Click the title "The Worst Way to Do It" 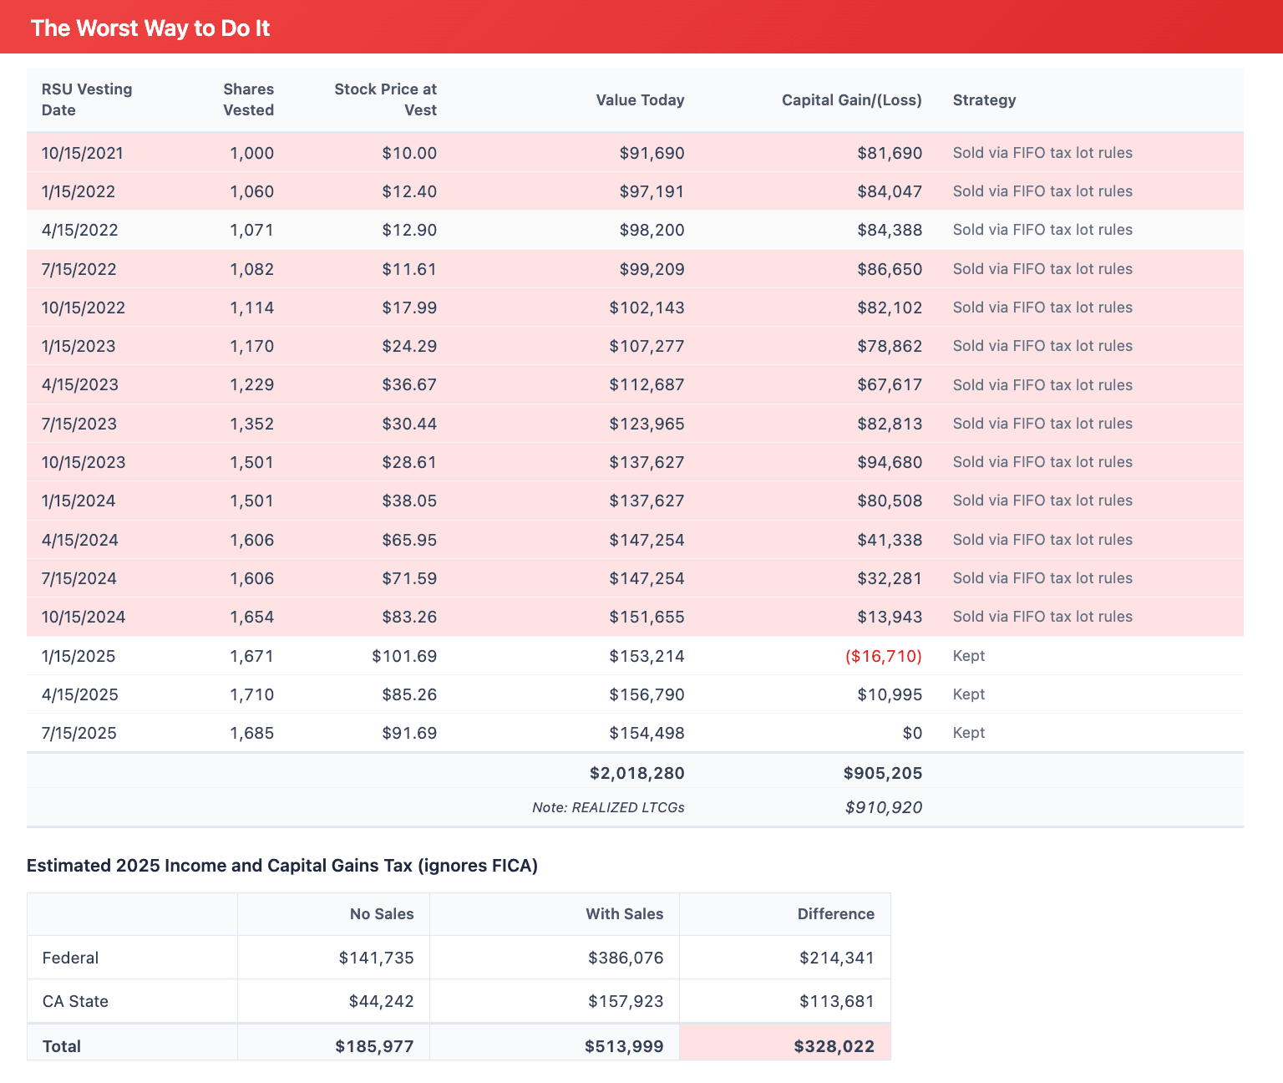[x=150, y=28]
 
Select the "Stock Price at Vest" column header [x=385, y=99]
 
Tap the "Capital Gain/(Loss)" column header [x=851, y=100]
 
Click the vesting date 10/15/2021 [x=83, y=153]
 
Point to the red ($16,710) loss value [x=883, y=656]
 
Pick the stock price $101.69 [x=404, y=656]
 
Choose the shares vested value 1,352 [x=251, y=424]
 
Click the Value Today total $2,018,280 [x=636, y=773]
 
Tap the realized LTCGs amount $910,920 [x=883, y=807]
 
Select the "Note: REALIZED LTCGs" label [x=608, y=807]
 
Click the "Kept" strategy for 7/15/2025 [x=969, y=733]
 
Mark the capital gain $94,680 [x=890, y=462]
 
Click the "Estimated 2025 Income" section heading [x=282, y=866]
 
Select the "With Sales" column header [x=624, y=913]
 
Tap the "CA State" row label [x=75, y=1001]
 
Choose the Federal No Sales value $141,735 [x=376, y=958]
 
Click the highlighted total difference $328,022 [x=834, y=1046]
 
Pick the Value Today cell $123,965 [x=647, y=424]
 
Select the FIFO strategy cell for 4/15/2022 [x=1042, y=230]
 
